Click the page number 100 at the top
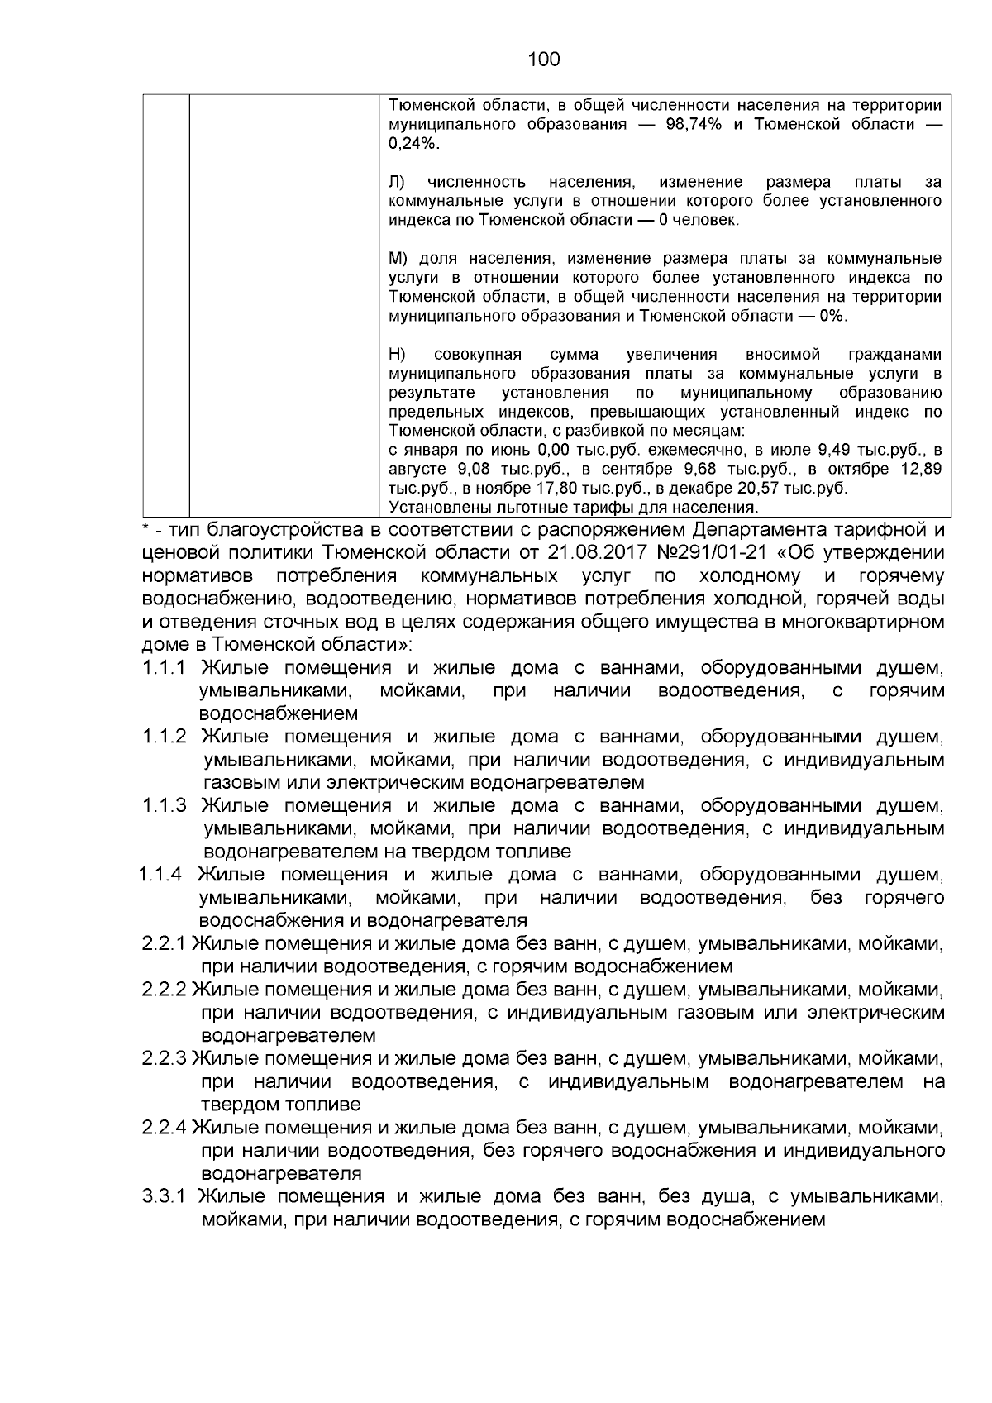[543, 59]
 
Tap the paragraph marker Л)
[396, 182]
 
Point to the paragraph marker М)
[398, 259]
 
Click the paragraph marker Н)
[396, 355]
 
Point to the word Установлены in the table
[434, 508]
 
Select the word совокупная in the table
[478, 355]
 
